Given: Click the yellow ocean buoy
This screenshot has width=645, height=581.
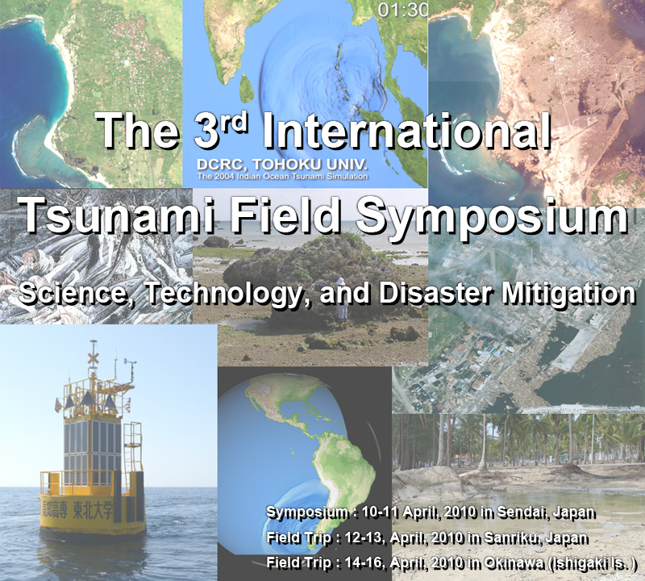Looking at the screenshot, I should (x=93, y=460).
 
